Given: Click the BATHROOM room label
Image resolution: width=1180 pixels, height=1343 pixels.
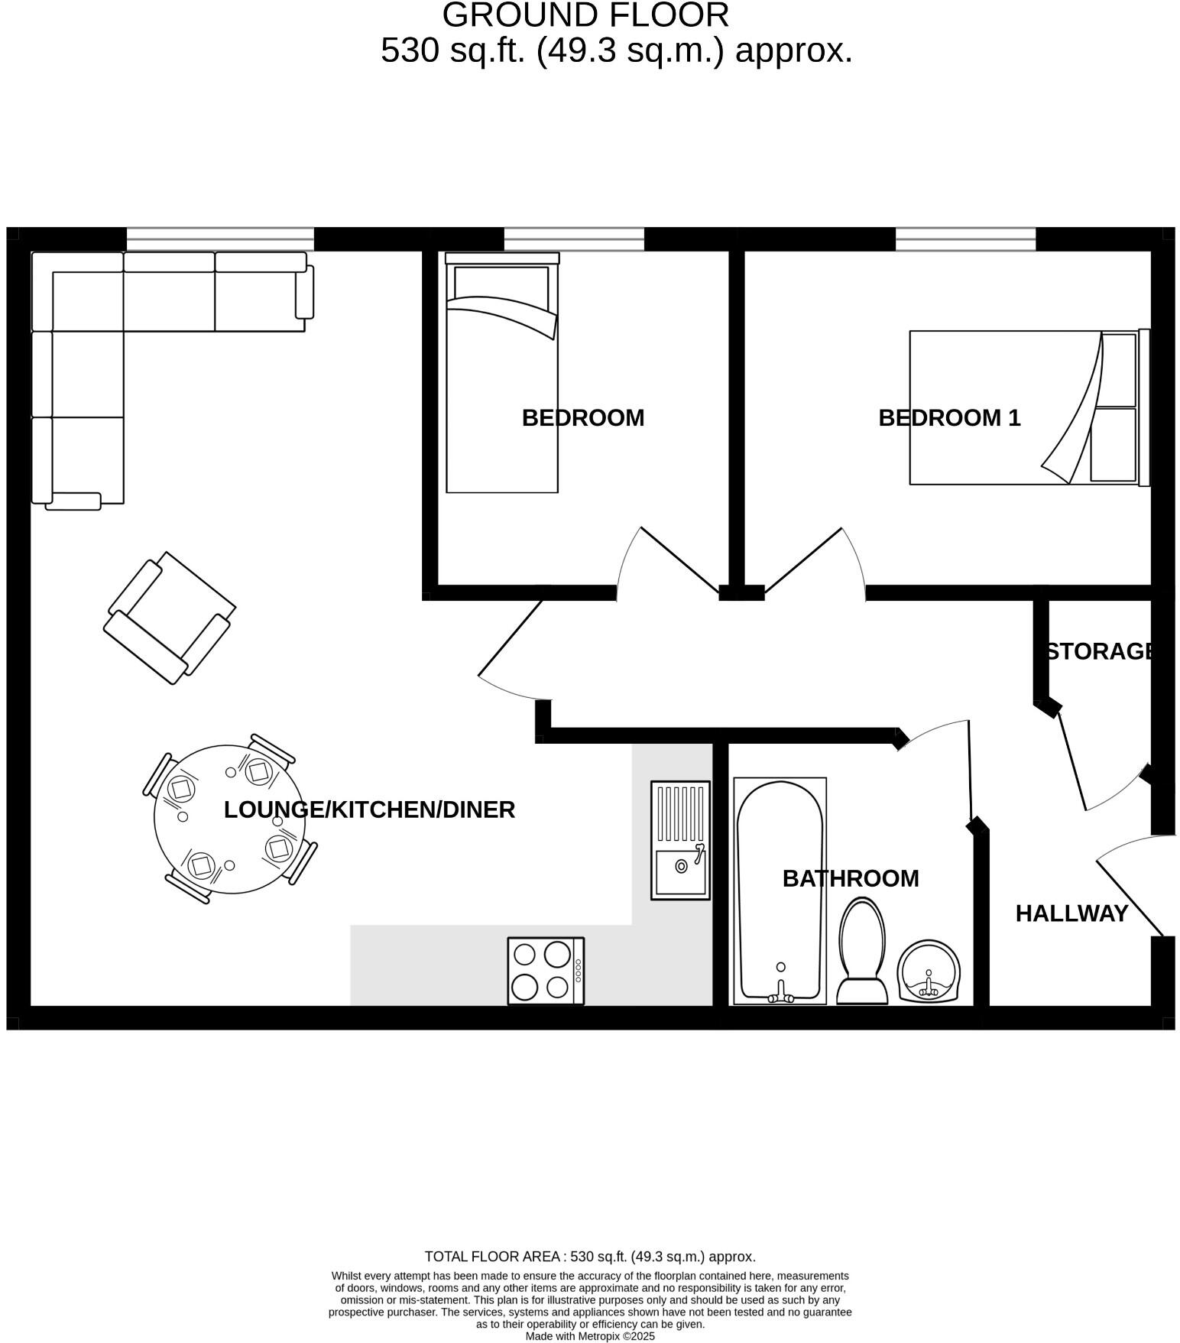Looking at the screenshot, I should [x=850, y=878].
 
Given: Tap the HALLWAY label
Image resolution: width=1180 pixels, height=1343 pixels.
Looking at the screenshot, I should [x=1071, y=913].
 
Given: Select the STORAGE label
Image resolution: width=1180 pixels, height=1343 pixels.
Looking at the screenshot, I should [x=1099, y=651].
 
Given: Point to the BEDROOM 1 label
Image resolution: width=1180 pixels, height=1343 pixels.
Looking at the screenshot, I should [x=948, y=418].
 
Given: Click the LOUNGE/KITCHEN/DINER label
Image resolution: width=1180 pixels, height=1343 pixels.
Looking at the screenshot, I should [x=369, y=809].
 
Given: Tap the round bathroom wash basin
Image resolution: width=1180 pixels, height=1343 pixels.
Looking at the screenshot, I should [x=929, y=972].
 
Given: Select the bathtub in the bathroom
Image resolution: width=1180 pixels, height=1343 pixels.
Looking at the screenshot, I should [x=780, y=890].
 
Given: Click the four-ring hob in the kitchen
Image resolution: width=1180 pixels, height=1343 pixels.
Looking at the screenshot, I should [x=545, y=971].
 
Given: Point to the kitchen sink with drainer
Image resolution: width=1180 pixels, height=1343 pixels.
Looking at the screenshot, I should [x=680, y=839].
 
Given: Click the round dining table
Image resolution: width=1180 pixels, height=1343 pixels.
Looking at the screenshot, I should [x=229, y=819].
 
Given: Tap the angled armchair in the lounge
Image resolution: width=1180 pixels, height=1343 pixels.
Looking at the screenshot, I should [x=170, y=618].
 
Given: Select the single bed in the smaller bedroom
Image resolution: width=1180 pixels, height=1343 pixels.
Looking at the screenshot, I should [x=502, y=375].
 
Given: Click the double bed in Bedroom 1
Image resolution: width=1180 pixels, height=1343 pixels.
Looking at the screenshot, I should [x=1028, y=407].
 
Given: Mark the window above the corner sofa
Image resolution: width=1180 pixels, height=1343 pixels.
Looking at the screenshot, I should [x=220, y=238].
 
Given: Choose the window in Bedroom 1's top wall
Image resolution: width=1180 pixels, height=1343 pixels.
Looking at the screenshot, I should [x=965, y=238].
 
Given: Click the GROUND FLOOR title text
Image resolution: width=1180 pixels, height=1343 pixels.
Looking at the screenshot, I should [x=585, y=15].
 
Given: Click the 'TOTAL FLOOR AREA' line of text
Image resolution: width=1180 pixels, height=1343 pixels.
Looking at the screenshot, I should [x=590, y=1256].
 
